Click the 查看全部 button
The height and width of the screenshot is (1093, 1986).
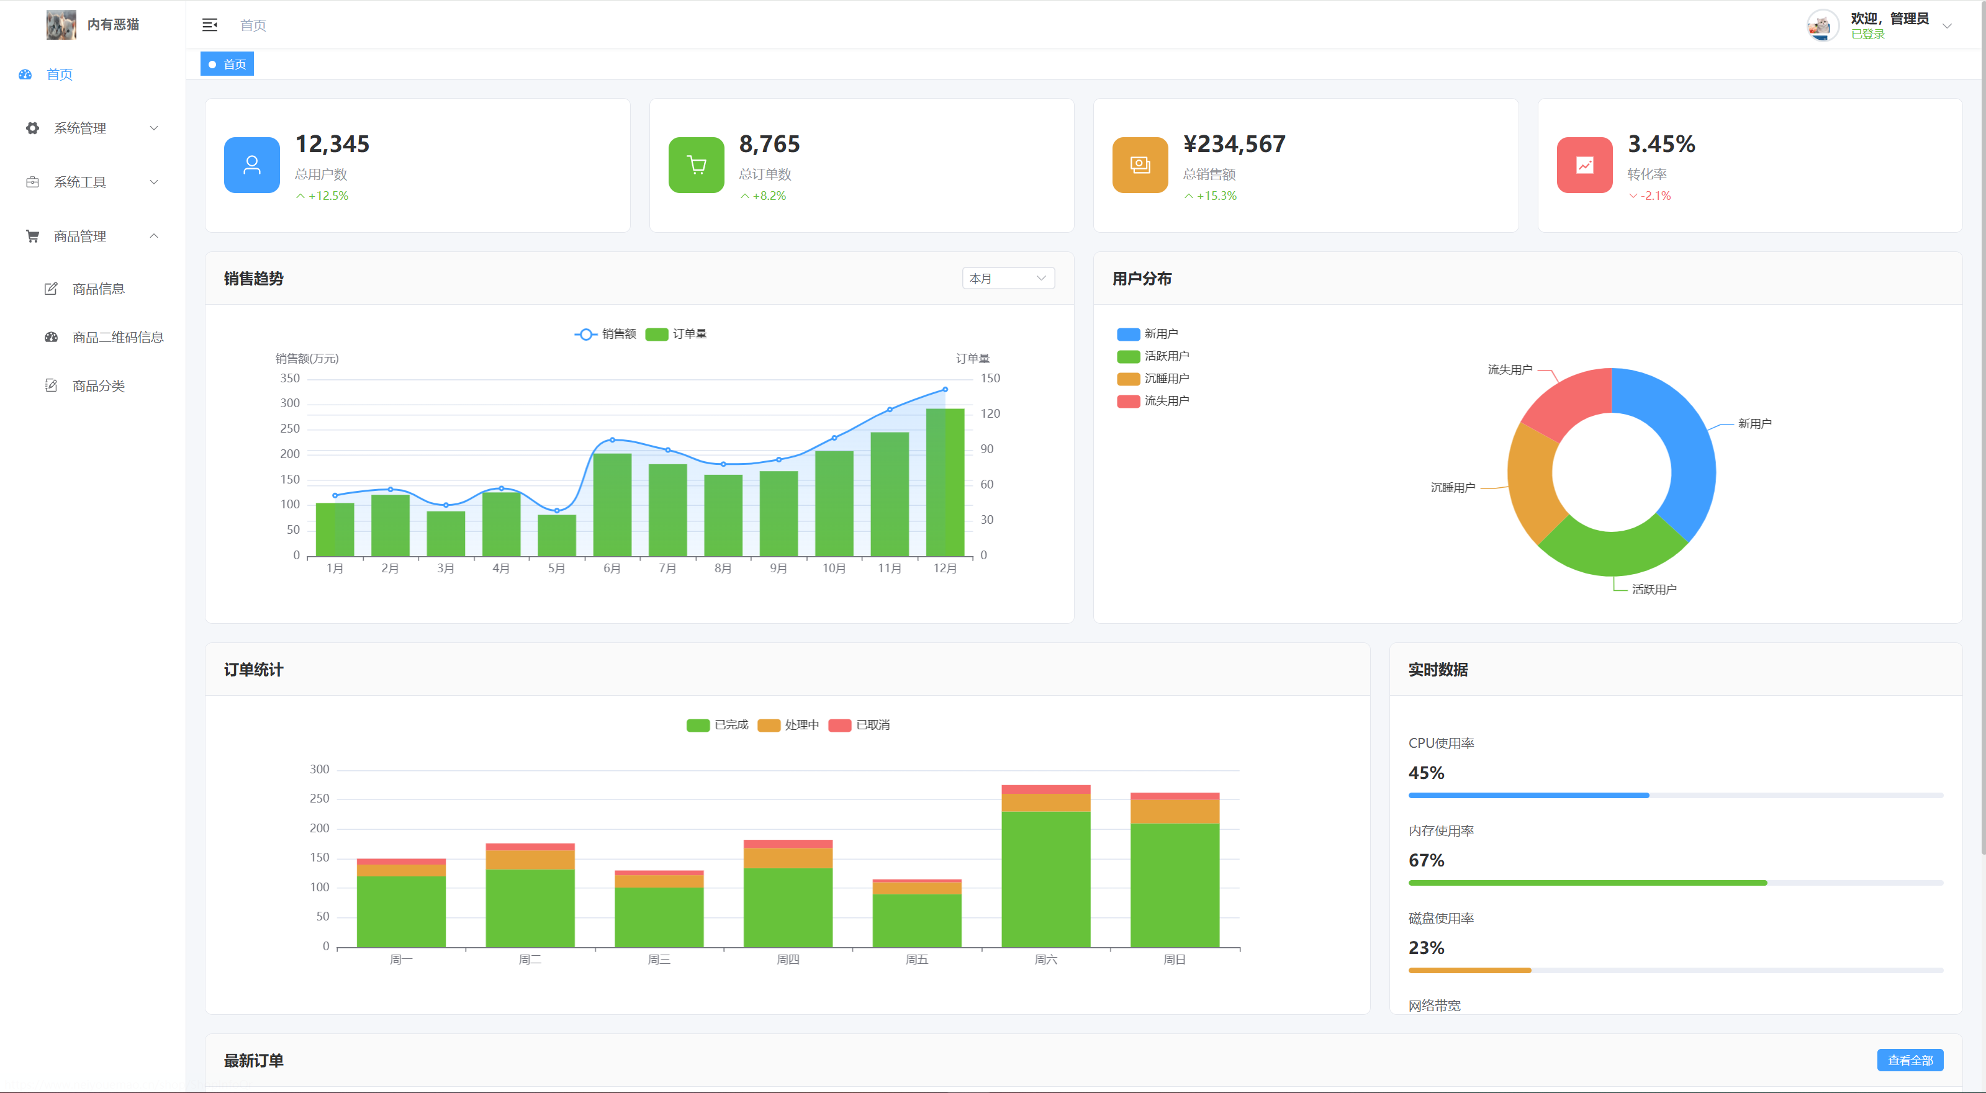pyautogui.click(x=1909, y=1060)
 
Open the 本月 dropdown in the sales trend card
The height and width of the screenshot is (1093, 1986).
pyautogui.click(x=1007, y=278)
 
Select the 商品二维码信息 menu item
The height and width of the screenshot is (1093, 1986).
pyautogui.click(x=117, y=337)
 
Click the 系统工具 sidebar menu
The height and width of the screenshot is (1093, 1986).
pyautogui.click(x=80, y=182)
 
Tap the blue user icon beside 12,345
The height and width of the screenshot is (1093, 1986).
pyautogui.click(x=251, y=165)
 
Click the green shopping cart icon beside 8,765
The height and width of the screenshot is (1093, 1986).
pyautogui.click(x=695, y=165)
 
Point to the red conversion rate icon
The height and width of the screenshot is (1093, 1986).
pyautogui.click(x=1584, y=165)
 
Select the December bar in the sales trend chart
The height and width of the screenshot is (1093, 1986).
pyautogui.click(x=944, y=482)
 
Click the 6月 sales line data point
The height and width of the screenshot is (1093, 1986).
pyautogui.click(x=612, y=439)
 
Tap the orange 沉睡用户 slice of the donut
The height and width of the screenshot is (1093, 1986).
pyautogui.click(x=1531, y=482)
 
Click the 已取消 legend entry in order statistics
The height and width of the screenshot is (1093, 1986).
pyautogui.click(x=860, y=724)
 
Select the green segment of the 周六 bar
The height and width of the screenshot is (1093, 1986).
pyautogui.click(x=1045, y=879)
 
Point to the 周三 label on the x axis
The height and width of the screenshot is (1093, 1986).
pyautogui.click(x=659, y=959)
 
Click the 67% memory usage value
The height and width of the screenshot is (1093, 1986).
pyautogui.click(x=1425, y=860)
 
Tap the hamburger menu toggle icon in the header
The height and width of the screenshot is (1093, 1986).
pyautogui.click(x=210, y=25)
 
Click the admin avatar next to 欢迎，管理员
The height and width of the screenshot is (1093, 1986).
pyautogui.click(x=1821, y=25)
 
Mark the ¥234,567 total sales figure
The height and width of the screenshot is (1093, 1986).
pyautogui.click(x=1234, y=144)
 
